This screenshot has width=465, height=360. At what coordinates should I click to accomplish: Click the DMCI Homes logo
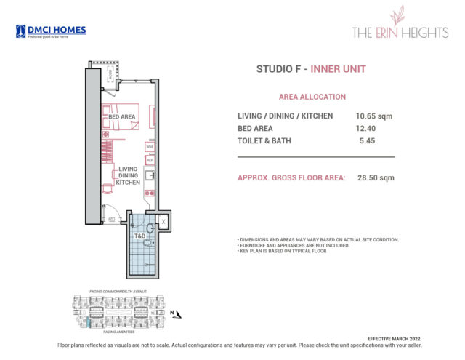click(x=50, y=31)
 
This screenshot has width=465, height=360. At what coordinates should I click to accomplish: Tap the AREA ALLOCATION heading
click(x=312, y=97)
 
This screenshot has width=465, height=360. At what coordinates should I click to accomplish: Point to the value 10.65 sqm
click(x=375, y=116)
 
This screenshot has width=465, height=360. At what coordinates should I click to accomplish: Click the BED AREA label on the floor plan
click(x=122, y=116)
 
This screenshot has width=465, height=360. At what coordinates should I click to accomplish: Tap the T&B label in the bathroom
click(x=139, y=236)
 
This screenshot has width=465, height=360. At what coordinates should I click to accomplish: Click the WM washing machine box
click(x=149, y=147)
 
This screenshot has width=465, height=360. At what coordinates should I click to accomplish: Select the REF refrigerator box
click(x=149, y=159)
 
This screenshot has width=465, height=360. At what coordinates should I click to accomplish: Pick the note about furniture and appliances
click(x=294, y=246)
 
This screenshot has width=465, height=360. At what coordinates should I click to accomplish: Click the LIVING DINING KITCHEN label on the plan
click(x=128, y=176)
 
